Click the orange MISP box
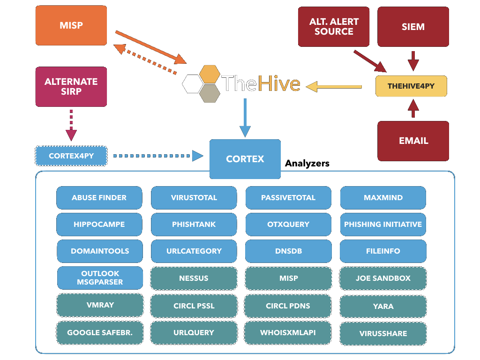(x=71, y=25)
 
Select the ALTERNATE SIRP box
(x=71, y=86)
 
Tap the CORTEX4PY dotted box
(x=71, y=156)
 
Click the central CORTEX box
(x=245, y=159)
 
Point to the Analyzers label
(x=307, y=164)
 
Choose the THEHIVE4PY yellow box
(x=411, y=86)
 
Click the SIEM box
(x=413, y=27)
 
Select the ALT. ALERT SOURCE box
(x=334, y=27)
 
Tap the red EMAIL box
(x=413, y=141)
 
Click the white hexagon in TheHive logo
(x=193, y=84)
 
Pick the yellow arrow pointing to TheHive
(x=334, y=86)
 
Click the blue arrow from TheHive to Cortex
(x=245, y=118)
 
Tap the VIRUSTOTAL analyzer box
(x=194, y=198)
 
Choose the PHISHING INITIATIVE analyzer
(x=383, y=225)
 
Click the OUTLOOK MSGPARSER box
(x=100, y=278)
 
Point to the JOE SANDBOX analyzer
(x=383, y=278)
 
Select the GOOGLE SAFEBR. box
(x=100, y=332)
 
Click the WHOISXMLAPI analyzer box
(x=288, y=332)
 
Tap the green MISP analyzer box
(x=288, y=278)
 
